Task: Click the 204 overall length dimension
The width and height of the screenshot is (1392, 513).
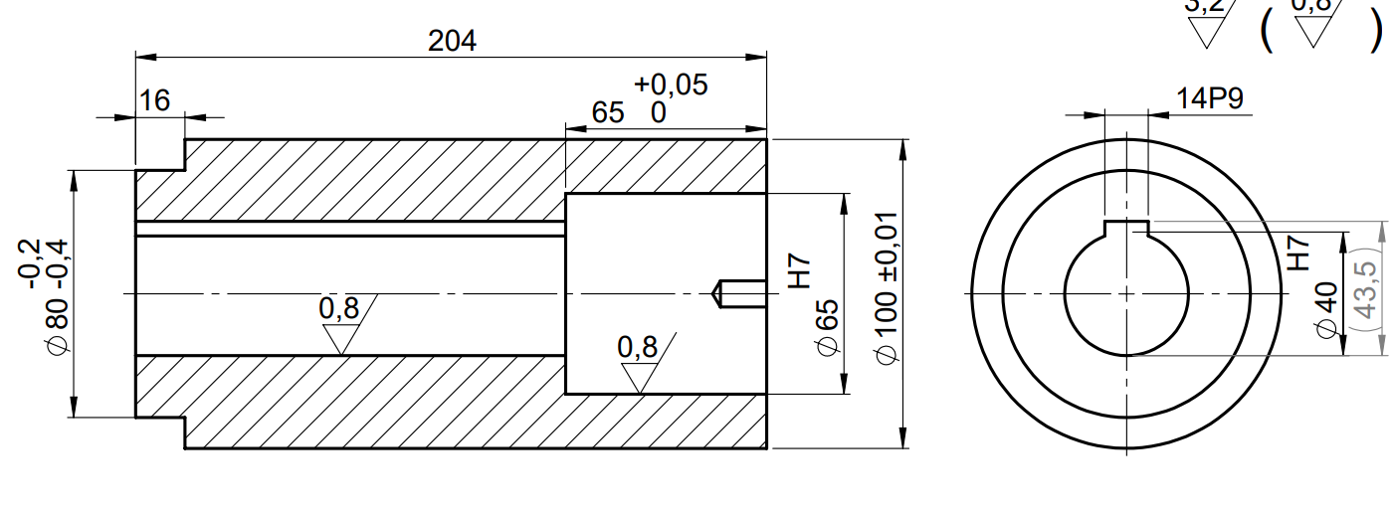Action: tap(452, 41)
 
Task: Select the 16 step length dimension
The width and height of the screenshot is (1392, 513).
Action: tap(155, 100)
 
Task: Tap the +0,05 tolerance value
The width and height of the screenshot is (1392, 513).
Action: tap(671, 85)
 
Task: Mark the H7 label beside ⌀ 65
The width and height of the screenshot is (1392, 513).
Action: tap(800, 270)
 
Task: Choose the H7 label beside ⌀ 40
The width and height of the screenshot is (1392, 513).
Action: tap(1298, 254)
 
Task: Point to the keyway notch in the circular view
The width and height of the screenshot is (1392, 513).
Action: tap(1126, 228)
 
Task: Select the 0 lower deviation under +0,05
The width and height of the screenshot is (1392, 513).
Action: tap(659, 112)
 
